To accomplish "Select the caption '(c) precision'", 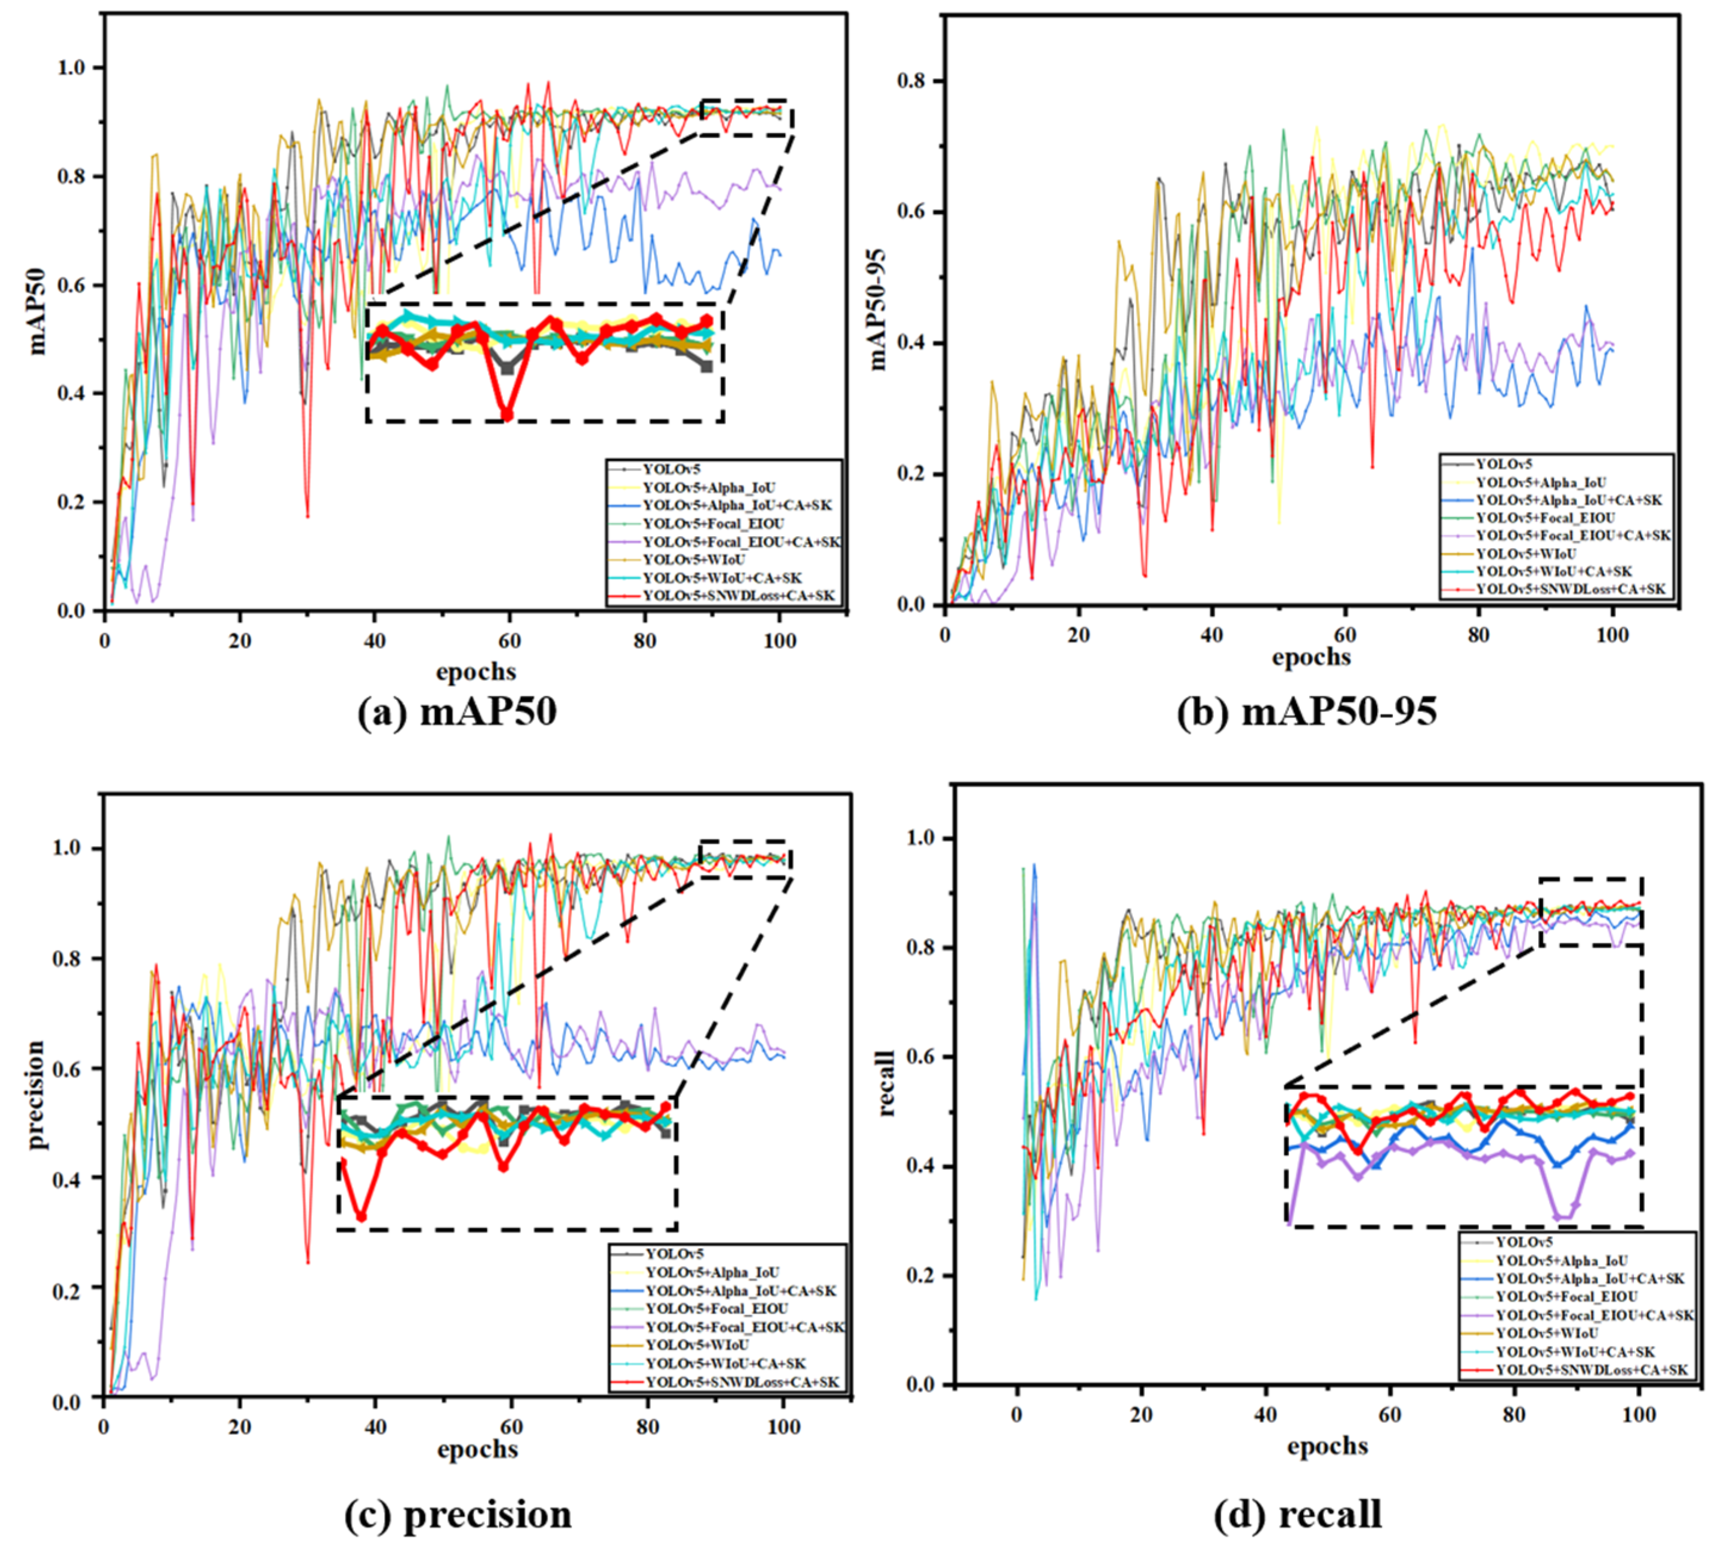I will (x=458, y=1515).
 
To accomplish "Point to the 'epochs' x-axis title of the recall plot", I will (x=1327, y=1445).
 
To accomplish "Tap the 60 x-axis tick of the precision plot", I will (x=511, y=1426).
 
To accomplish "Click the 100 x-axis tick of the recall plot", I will (x=1639, y=1414).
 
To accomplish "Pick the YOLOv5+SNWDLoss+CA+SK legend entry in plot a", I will (x=738, y=595).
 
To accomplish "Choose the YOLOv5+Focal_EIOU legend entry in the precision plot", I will (x=716, y=1308).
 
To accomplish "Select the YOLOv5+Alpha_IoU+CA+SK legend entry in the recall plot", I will (x=1589, y=1279).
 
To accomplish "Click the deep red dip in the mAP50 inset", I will (x=508, y=415).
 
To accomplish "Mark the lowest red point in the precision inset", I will (x=361, y=1216).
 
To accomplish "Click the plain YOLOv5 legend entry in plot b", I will (x=1504, y=464).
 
